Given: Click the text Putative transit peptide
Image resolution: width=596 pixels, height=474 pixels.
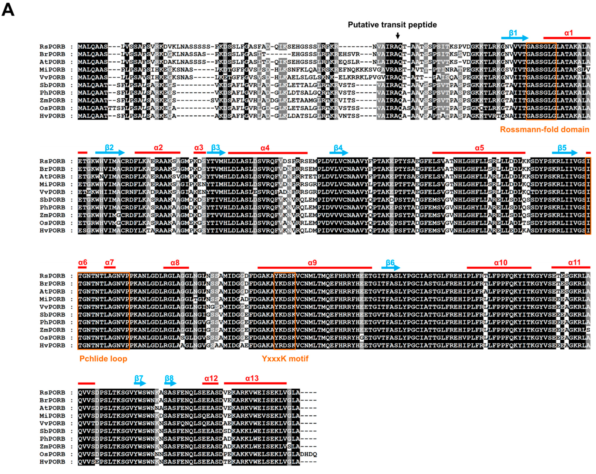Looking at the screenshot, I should tap(392, 25).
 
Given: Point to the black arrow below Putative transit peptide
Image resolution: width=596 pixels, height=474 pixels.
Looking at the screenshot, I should tap(398, 35).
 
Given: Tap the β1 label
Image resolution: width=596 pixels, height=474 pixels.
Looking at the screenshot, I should tap(513, 33).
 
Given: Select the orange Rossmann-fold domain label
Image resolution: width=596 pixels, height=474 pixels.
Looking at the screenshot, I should tap(544, 129).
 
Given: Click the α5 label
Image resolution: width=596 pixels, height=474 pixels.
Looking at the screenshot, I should tap(479, 148).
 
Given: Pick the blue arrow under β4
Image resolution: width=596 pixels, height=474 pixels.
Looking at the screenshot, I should tap(339, 153).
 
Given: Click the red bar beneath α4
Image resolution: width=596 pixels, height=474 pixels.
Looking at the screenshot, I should tap(268, 153).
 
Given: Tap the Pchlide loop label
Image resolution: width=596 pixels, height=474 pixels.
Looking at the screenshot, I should tap(103, 359).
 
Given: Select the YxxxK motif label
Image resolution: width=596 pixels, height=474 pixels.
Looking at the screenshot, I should tap(285, 359).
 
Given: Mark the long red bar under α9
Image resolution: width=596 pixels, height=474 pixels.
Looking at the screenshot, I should tap(315, 267).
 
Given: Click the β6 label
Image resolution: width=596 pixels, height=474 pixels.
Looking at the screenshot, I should tap(390, 262).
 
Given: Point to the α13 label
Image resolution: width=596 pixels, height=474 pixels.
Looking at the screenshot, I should tap(252, 378).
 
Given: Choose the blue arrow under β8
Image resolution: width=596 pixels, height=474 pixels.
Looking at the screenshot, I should tap(170, 383).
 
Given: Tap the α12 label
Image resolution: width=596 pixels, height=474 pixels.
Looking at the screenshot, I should tap(211, 378).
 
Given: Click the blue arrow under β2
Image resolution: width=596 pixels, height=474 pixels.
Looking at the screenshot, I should tap(110, 153).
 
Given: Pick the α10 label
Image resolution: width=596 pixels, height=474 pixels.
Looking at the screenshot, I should tap(500, 262).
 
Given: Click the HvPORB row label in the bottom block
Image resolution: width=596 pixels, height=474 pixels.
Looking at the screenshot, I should tap(52, 462).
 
